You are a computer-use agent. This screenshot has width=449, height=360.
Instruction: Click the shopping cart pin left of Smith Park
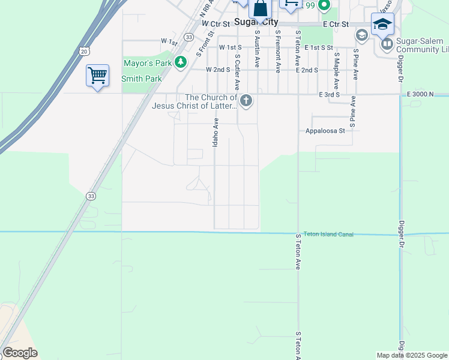tap(97, 76)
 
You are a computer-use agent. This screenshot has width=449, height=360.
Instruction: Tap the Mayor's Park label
tap(146, 62)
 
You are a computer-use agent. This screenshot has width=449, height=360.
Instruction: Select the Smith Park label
tap(142, 79)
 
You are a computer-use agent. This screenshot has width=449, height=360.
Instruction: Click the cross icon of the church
tap(246, 100)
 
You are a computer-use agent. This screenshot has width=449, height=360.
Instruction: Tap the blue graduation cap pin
tap(382, 25)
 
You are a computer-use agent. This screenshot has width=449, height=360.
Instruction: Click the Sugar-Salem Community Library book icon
tap(387, 44)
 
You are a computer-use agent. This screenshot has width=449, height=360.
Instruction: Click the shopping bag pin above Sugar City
tap(260, 8)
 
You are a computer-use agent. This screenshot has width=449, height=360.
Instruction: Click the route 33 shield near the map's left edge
tap(91, 196)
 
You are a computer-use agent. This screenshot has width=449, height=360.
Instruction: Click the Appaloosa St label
tap(325, 130)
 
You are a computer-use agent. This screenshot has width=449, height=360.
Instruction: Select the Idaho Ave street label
tap(215, 133)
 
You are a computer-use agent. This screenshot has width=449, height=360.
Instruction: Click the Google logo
tap(20, 353)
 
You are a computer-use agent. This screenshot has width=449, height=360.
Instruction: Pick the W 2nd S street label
tap(218, 70)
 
